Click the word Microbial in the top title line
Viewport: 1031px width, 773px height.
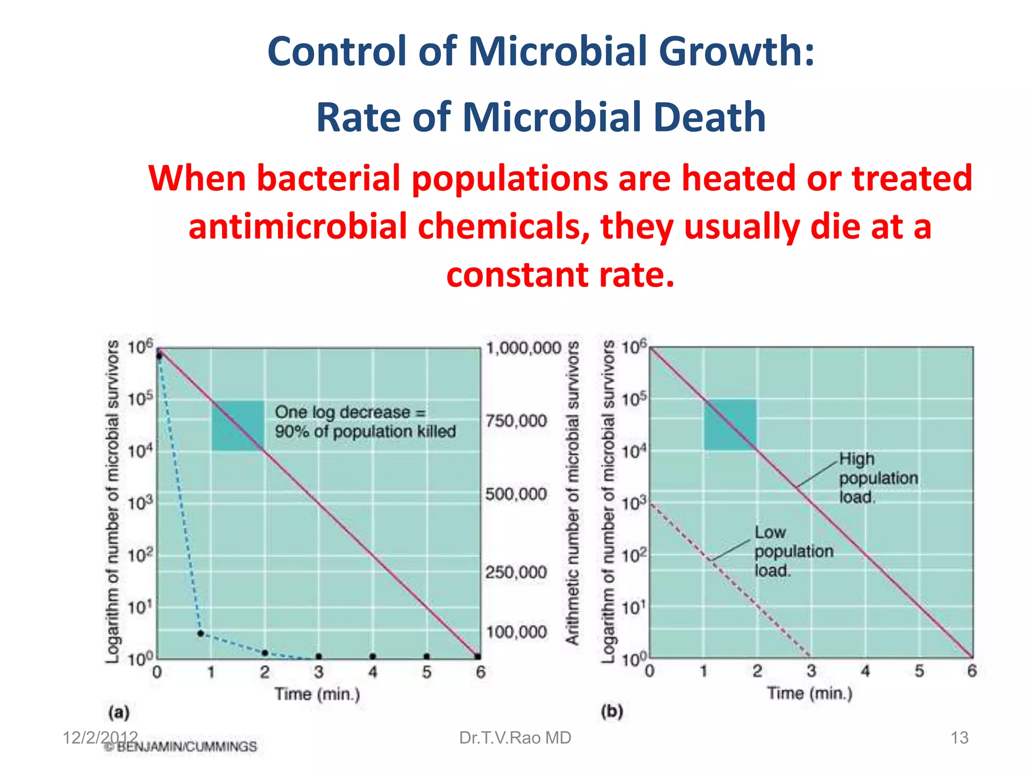pyautogui.click(x=557, y=51)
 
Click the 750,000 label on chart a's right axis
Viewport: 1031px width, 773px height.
pyautogui.click(x=516, y=421)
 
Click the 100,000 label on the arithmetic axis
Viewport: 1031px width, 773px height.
pyautogui.click(x=516, y=632)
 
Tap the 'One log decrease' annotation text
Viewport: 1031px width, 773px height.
pyautogui.click(x=365, y=422)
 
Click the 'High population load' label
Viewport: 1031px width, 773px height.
pyautogui.click(x=878, y=478)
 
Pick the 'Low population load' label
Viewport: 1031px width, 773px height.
pyautogui.click(x=793, y=551)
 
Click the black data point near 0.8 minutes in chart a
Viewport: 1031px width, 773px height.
pyautogui.click(x=200, y=634)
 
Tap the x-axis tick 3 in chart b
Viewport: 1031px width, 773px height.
pyautogui.click(x=811, y=671)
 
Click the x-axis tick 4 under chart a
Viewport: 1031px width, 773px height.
pyautogui.click(x=373, y=672)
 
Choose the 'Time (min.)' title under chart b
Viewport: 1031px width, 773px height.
pyautogui.click(x=809, y=693)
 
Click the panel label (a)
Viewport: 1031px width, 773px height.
pyautogui.click(x=119, y=712)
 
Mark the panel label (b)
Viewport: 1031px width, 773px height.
pyautogui.click(x=612, y=711)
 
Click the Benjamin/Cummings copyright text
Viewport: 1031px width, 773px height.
pyautogui.click(x=181, y=747)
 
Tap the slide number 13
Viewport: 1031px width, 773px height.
pyautogui.click(x=959, y=738)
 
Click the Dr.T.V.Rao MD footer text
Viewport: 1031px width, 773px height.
pyautogui.click(x=515, y=738)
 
